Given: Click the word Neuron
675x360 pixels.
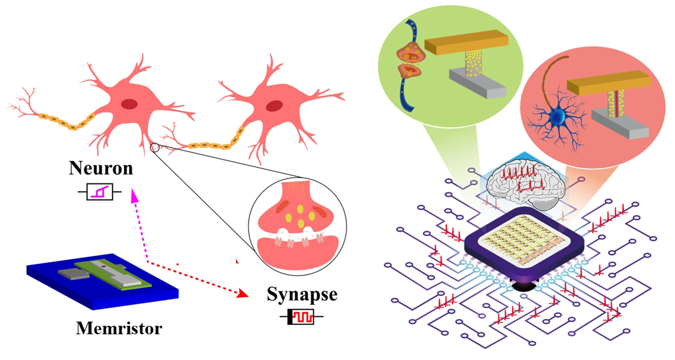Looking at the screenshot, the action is coord(101,168).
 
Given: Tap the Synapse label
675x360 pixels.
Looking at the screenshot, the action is coord(302,294).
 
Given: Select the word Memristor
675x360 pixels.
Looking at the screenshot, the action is coord(119,328).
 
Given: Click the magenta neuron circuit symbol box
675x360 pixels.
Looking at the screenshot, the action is coord(100,192).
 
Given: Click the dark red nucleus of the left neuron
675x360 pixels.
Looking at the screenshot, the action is coord(129,104).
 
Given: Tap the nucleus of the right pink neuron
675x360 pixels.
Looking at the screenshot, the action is coord(274,106).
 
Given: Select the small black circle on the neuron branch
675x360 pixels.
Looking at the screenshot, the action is coord(155,147).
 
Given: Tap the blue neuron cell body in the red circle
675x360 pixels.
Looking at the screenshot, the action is coord(558,116).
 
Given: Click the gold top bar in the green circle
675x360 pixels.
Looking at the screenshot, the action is coord(466,42).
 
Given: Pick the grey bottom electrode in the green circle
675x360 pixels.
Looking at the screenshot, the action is coord(477,82).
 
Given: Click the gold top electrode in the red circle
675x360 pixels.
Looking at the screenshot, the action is coord(609,83).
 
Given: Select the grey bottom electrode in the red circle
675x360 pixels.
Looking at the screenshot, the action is coord(620,124).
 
